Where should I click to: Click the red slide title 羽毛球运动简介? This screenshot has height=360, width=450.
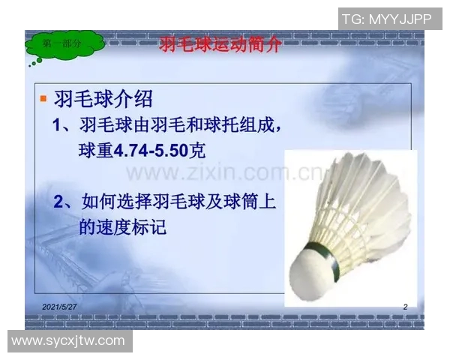[220, 45]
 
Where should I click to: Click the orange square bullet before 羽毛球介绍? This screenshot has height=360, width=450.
[43, 98]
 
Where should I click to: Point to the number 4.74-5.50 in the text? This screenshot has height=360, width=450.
[150, 150]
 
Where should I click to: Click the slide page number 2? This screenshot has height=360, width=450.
[405, 307]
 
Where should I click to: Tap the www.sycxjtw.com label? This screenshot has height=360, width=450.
[68, 341]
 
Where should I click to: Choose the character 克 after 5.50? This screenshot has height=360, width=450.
[197, 150]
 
